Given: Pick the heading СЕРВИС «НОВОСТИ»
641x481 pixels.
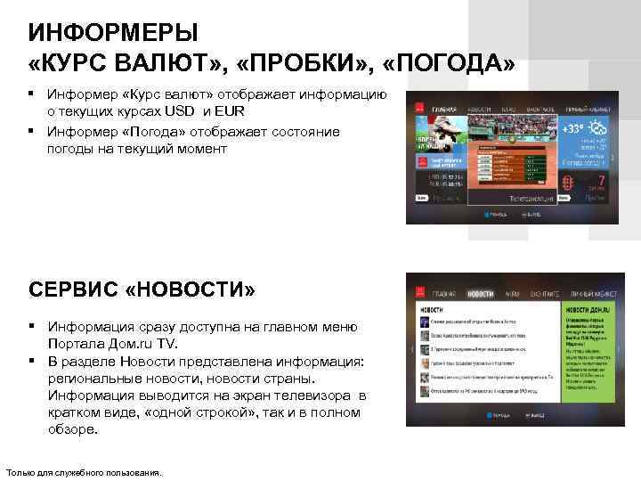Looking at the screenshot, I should pos(142,290).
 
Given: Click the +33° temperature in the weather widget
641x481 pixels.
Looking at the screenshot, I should pos(573,130).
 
